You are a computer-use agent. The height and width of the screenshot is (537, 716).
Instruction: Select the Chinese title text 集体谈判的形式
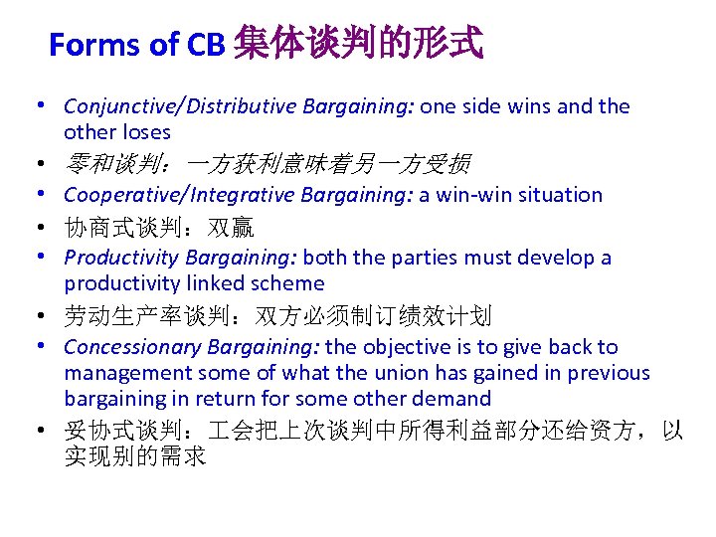coord(358,43)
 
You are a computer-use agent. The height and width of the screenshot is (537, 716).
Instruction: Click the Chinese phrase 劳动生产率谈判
coord(147,317)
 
